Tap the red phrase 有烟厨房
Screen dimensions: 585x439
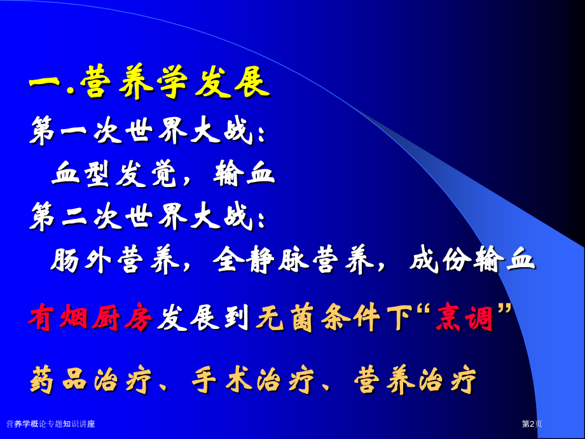point(91,317)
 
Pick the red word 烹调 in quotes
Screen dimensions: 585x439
point(464,317)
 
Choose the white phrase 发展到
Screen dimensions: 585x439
point(203,317)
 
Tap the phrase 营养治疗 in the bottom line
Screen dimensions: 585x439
point(415,380)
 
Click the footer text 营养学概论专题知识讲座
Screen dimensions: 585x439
point(51,424)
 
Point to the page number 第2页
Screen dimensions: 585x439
point(532,424)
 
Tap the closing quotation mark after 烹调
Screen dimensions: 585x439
point(503,309)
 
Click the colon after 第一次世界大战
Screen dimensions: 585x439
point(261,135)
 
